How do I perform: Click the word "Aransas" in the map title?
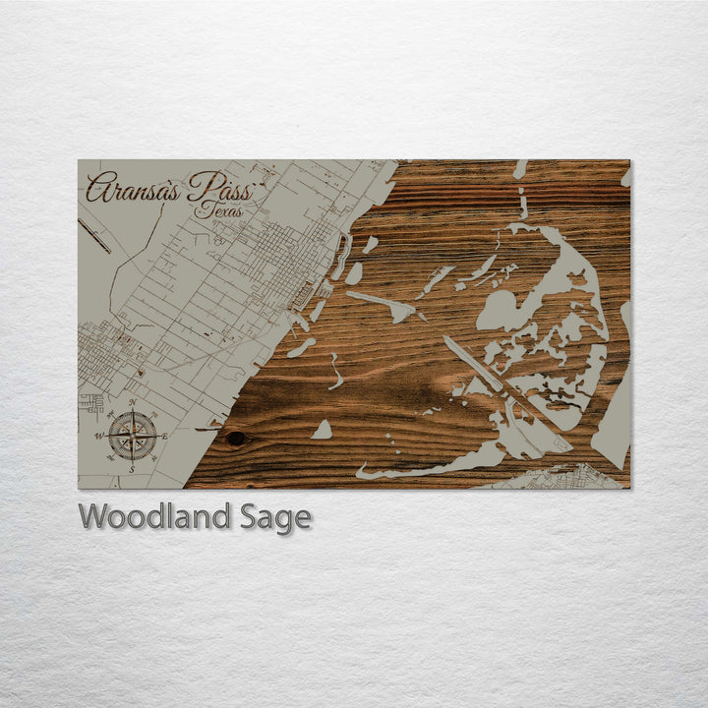pos(133,188)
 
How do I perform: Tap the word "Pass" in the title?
pos(221,186)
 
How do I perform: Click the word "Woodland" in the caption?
pos(156,517)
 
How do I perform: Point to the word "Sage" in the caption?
pos(275,518)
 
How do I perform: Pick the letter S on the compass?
pos(132,470)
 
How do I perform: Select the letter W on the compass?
pos(98,436)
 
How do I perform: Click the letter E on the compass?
pos(165,436)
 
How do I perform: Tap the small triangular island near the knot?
pos(322,430)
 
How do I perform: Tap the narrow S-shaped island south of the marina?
pos(335,372)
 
